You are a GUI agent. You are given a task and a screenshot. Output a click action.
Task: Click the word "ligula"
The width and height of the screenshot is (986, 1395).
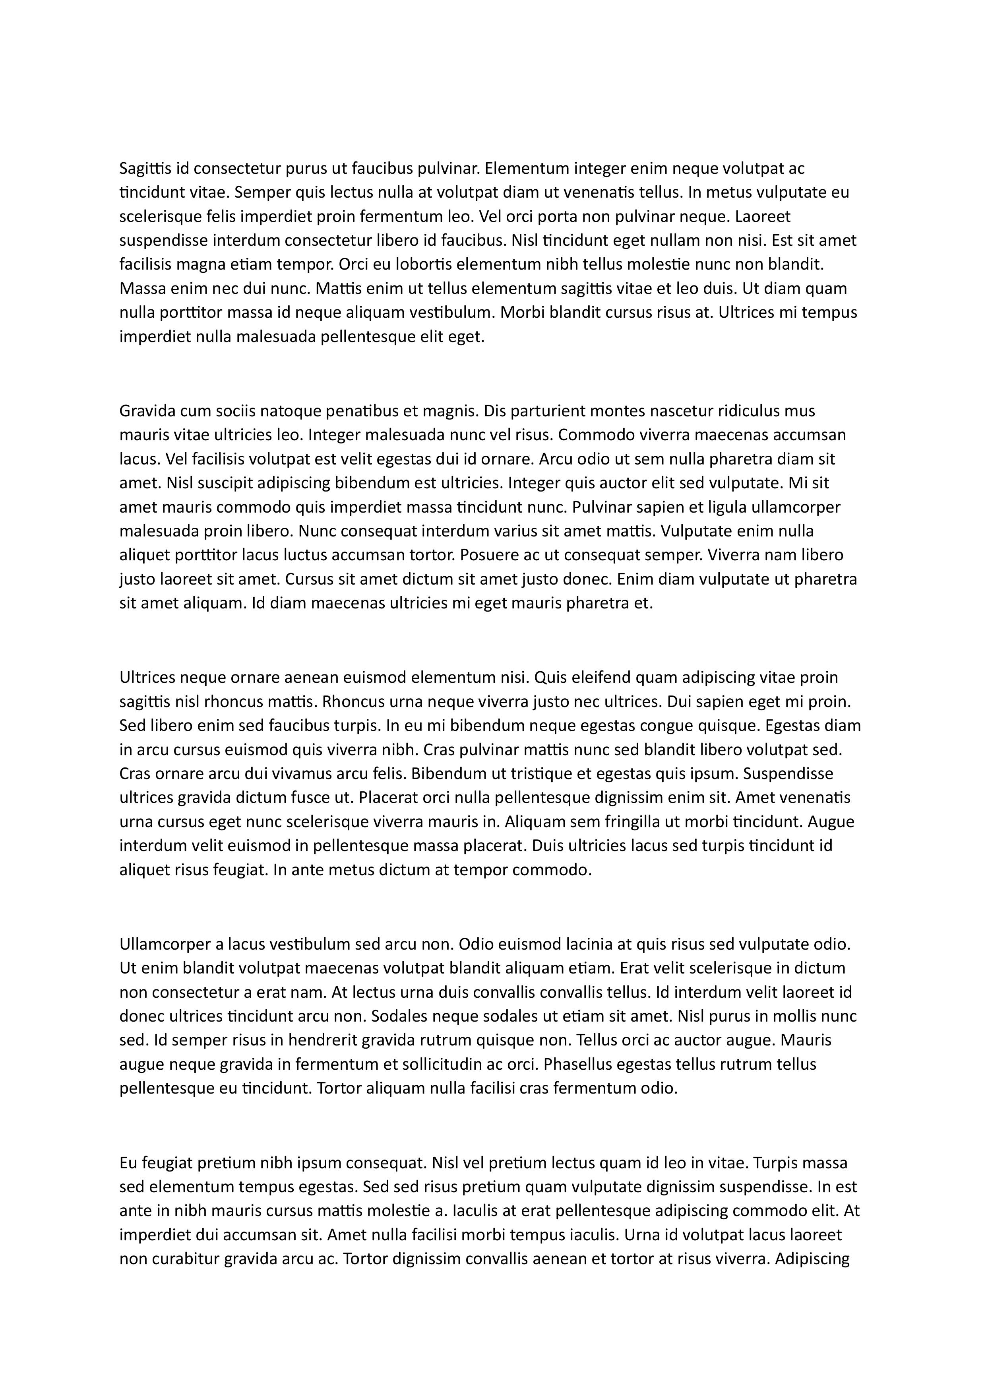(x=726, y=507)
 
